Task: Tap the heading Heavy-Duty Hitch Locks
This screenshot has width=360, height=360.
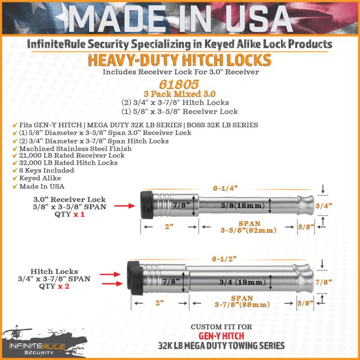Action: (180, 60)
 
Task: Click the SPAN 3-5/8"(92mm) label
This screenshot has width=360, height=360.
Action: (248, 227)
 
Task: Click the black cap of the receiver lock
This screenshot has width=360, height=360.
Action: (147, 206)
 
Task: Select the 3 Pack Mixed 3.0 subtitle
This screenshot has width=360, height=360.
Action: (180, 94)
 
